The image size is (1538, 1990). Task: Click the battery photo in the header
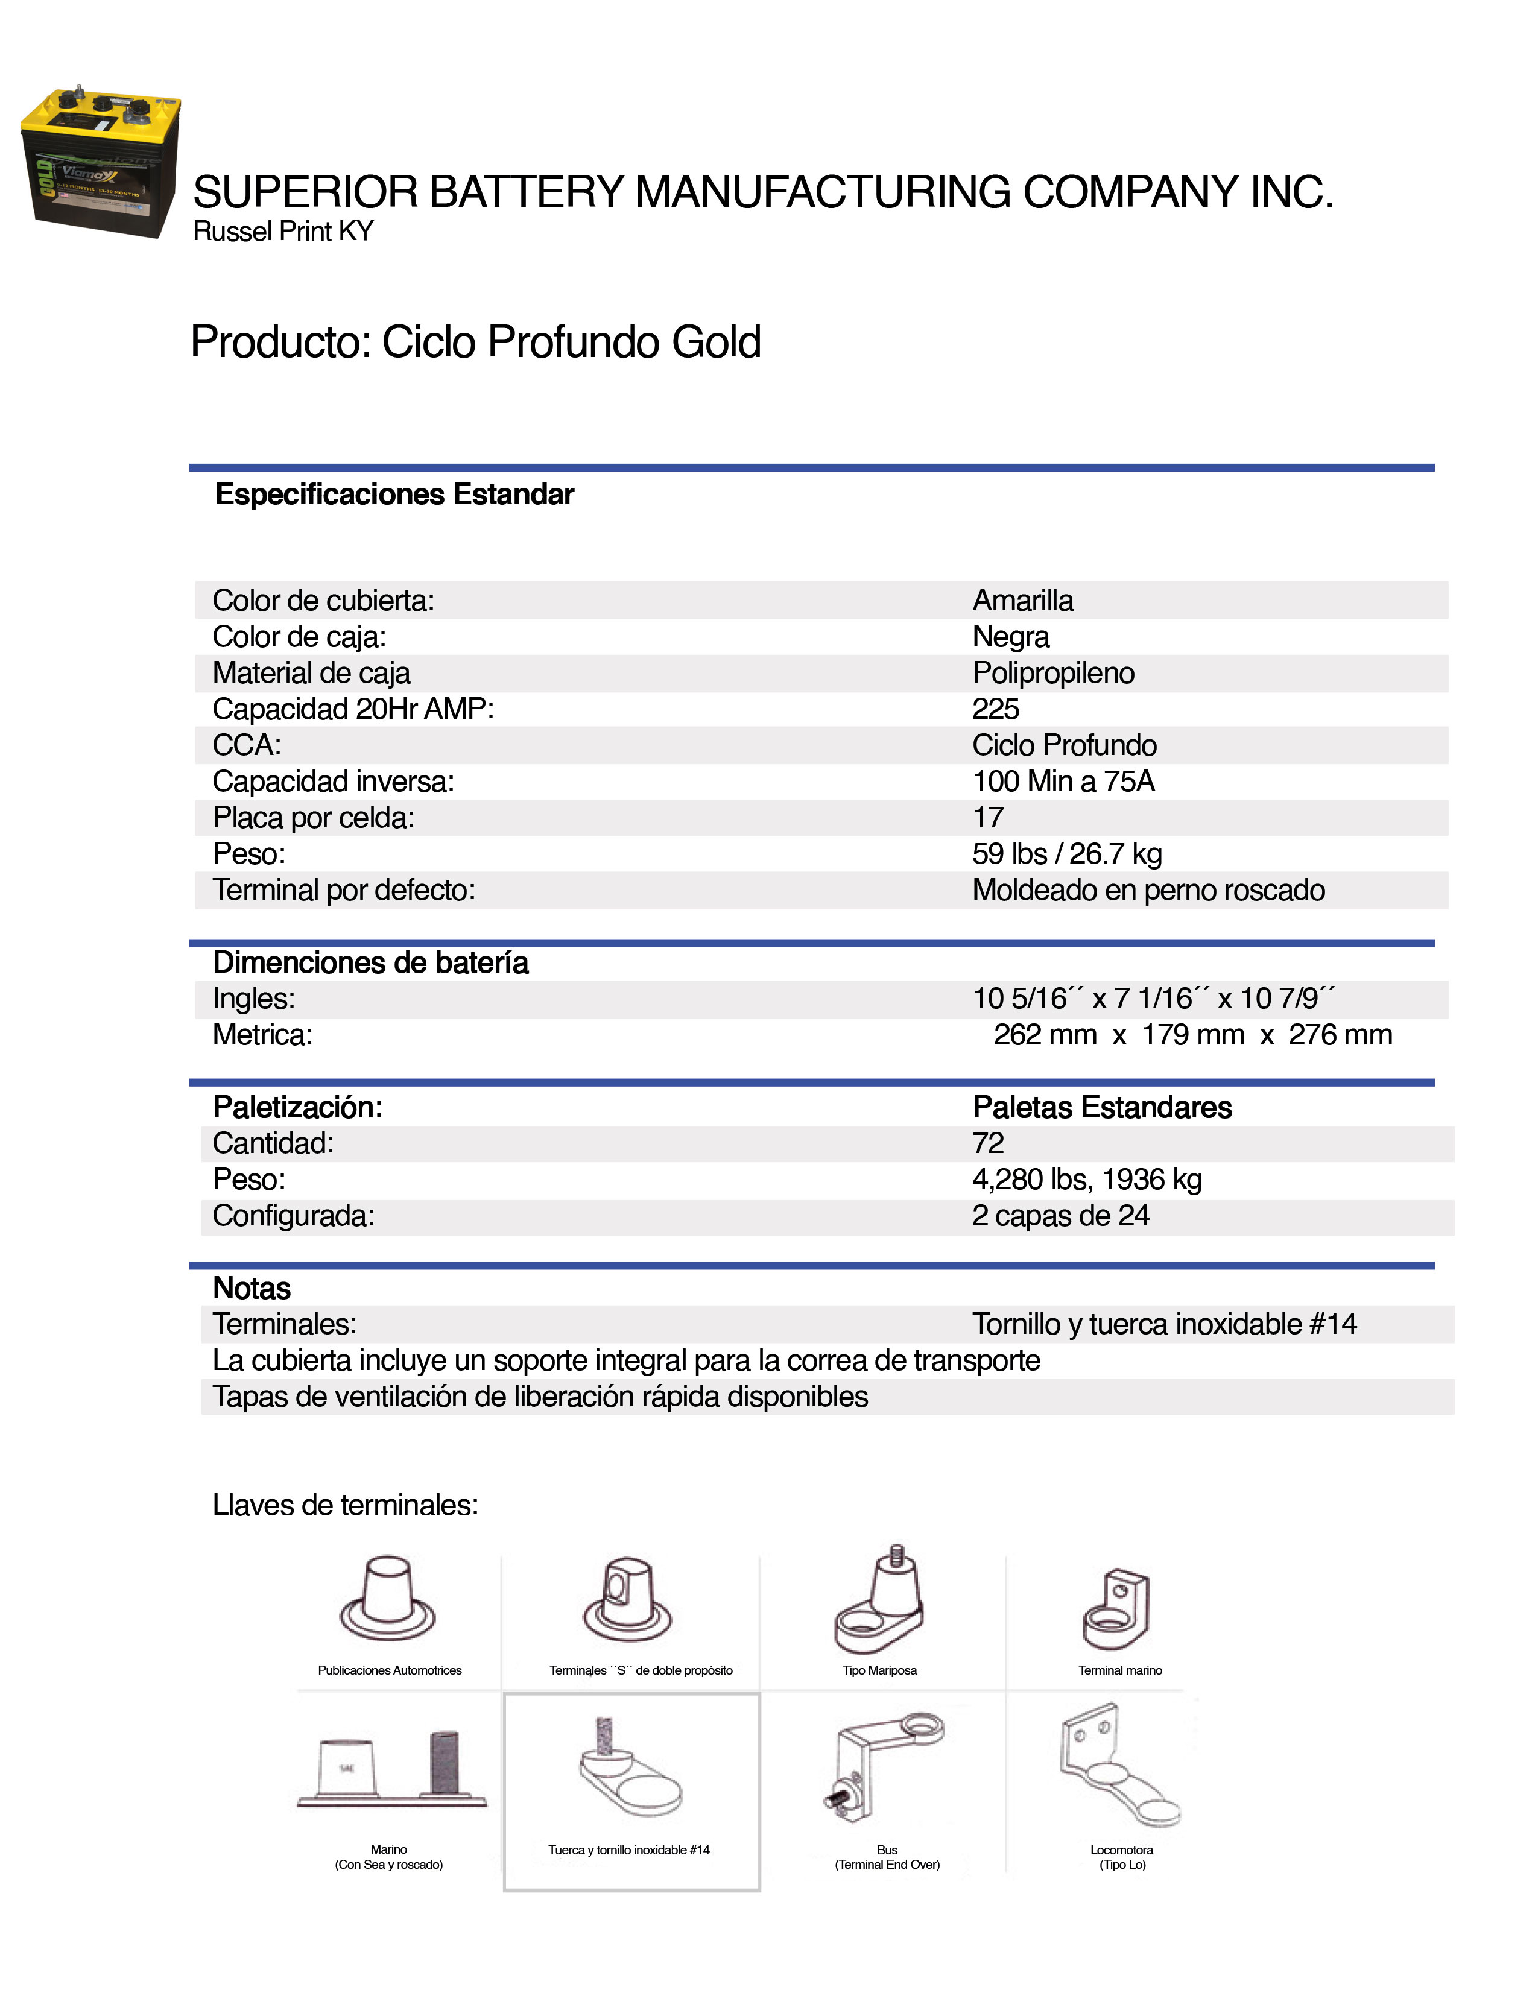coord(100,162)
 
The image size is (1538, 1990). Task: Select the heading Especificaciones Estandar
coord(394,494)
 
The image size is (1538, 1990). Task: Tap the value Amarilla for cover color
coord(1022,601)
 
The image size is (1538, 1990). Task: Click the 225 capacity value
coord(995,709)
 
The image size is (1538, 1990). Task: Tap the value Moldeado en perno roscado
coord(1148,890)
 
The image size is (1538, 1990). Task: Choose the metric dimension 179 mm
coord(1192,1035)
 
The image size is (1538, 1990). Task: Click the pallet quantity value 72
coord(988,1143)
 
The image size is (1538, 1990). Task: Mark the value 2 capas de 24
coord(1060,1216)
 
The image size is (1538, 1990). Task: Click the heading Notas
coord(252,1289)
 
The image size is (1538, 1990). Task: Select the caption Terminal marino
coord(1120,1670)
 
